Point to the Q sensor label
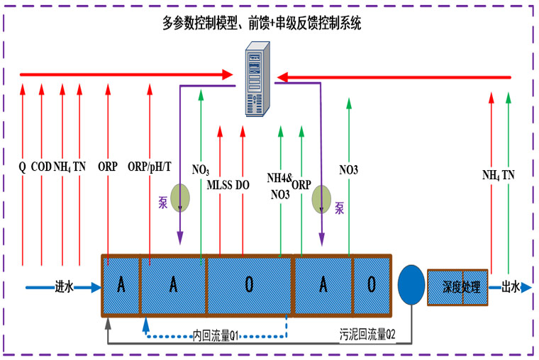click(x=23, y=168)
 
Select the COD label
click(x=41, y=168)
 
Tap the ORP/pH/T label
click(x=150, y=168)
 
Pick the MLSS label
click(x=219, y=185)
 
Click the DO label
click(x=243, y=185)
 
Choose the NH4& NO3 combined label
click(x=279, y=186)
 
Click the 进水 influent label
click(x=65, y=287)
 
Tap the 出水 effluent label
click(x=511, y=287)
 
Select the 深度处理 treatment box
click(x=458, y=287)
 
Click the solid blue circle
click(x=411, y=284)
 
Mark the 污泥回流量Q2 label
click(x=367, y=332)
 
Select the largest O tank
click(x=249, y=285)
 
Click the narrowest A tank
click(x=121, y=285)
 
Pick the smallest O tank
click(x=372, y=285)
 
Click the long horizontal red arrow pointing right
click(x=128, y=74)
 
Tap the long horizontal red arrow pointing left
click(x=394, y=77)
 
